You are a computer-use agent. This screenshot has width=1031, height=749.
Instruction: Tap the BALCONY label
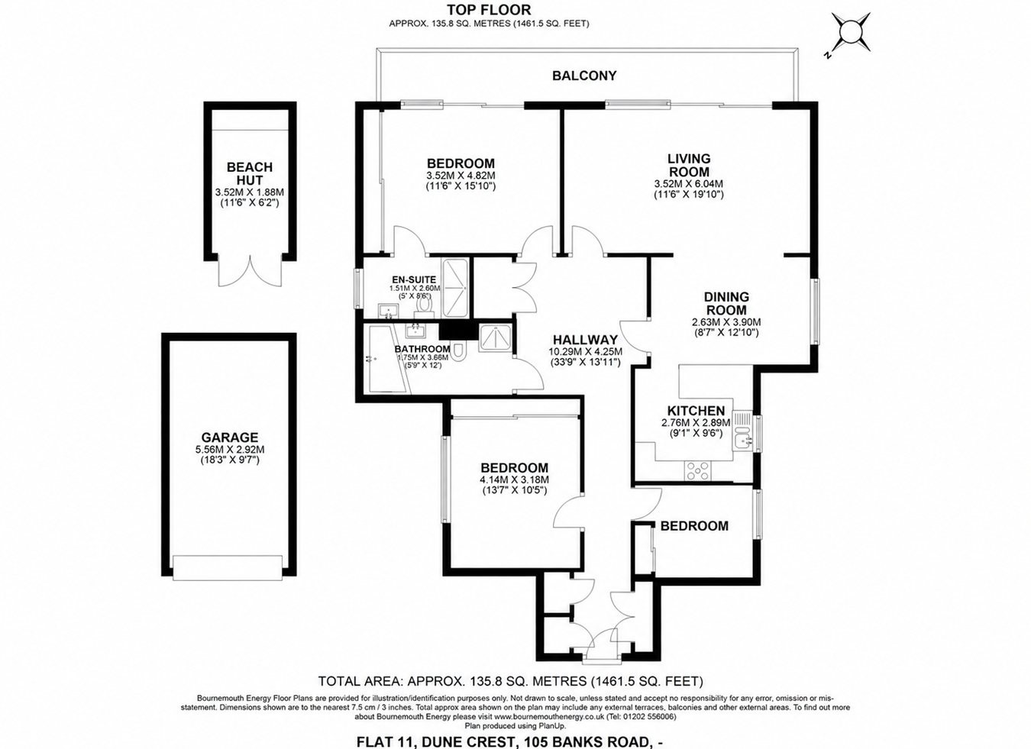coord(584,76)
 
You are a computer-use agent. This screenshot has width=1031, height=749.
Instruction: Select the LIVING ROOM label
coord(689,165)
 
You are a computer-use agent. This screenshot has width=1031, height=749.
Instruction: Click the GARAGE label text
coord(230,437)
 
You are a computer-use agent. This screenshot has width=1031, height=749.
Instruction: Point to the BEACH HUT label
coord(250,173)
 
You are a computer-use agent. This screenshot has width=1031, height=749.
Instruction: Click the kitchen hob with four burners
coord(698,471)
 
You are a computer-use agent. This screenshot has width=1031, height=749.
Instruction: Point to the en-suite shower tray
coord(455,289)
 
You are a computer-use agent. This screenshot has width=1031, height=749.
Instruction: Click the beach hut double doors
coord(250,271)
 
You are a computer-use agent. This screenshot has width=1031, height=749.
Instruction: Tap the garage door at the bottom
coord(228,568)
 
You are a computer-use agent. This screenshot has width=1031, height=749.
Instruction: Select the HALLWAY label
coord(585,340)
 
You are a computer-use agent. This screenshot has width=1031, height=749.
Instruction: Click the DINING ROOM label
coord(726,304)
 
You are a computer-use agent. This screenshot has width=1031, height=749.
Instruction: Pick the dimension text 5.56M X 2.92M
coord(230,450)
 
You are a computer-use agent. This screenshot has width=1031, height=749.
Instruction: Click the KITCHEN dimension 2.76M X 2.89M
coord(696,423)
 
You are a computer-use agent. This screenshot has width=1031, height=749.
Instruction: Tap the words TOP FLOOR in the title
coord(489,10)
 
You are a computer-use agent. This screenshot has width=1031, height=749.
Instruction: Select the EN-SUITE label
coord(414,279)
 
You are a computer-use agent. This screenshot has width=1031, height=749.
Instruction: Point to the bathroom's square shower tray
coord(495,338)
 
